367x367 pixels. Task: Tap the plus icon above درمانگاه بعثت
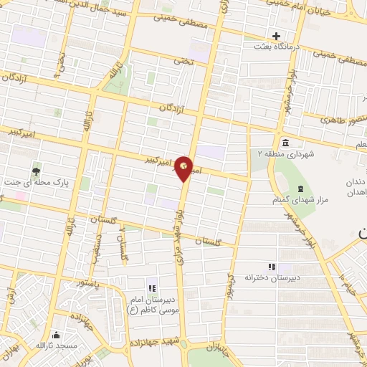click(276, 36)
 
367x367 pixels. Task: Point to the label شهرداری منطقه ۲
click(282, 153)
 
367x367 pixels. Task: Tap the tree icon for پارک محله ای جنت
click(36, 171)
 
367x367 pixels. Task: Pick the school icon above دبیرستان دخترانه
click(271, 266)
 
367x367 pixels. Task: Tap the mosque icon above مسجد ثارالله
click(56, 335)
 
